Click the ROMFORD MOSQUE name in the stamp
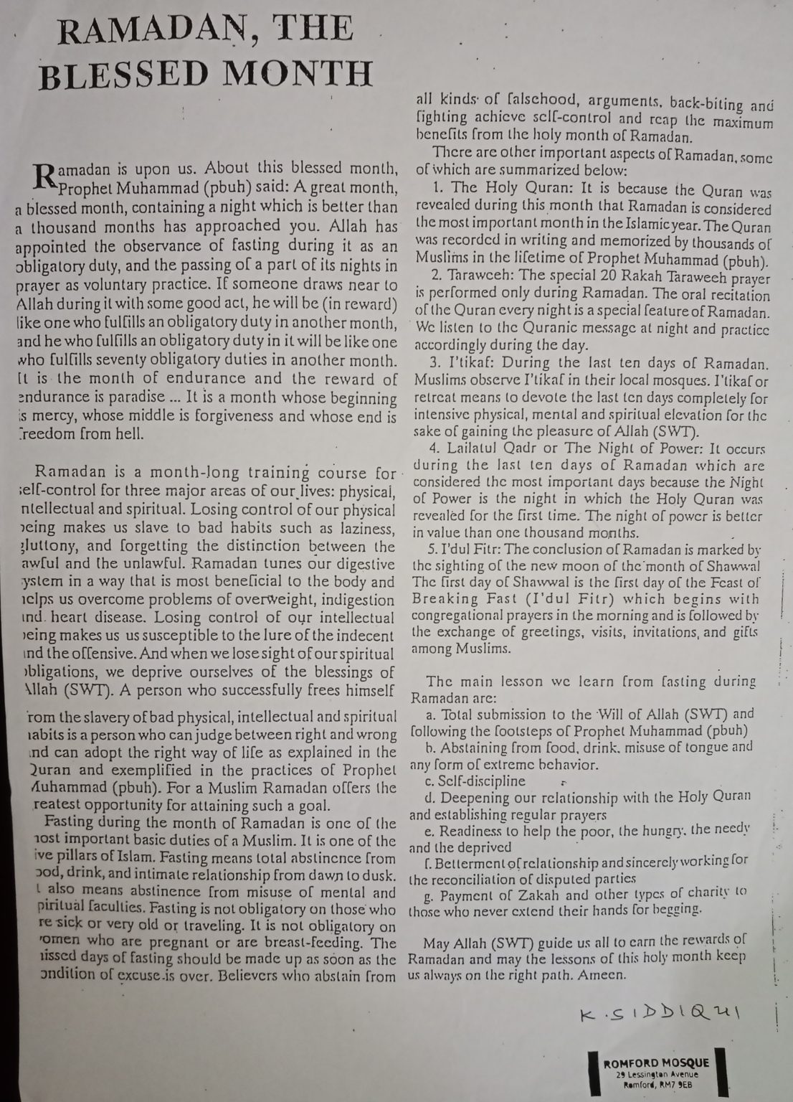(655, 1063)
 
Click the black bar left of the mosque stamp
(592, 1075)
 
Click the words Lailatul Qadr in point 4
(495, 450)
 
